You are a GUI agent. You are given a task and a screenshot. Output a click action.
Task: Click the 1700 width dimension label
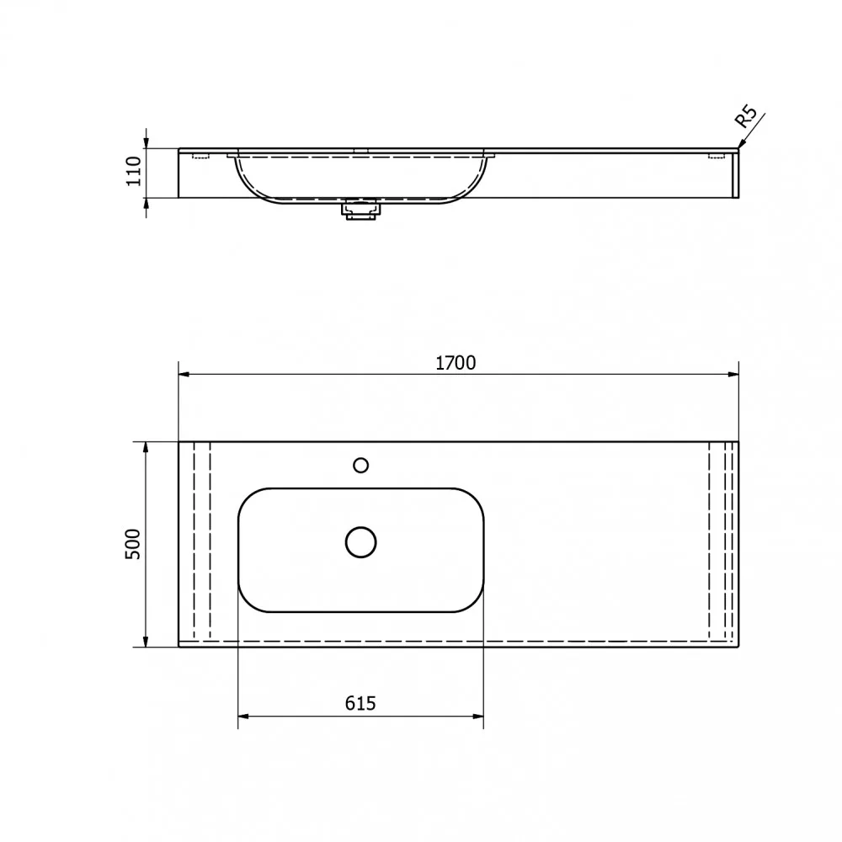coord(456,363)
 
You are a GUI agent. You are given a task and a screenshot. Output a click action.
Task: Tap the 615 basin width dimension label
coord(360,703)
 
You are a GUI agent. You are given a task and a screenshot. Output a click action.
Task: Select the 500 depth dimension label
coord(133,544)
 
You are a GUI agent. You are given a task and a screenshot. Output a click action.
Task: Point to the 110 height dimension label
coord(133,171)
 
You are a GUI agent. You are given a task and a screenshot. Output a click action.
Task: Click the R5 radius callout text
coord(745,116)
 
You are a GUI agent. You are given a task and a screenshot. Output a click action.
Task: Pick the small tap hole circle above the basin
coord(361,465)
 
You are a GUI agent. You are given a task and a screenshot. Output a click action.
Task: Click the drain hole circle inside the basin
coord(361,542)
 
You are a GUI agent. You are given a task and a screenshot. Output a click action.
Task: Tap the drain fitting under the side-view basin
coord(361,210)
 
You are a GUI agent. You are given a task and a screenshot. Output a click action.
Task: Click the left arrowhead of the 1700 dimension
coord(184,375)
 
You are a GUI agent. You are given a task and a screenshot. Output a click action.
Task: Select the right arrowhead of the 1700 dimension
coord(733,375)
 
